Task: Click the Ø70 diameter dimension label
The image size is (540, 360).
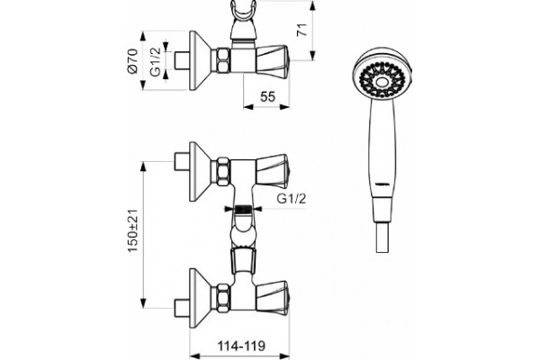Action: tap(133, 61)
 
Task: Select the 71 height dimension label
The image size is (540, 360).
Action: tap(302, 30)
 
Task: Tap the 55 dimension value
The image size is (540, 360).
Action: tap(267, 97)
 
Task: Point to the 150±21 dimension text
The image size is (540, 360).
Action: tap(133, 230)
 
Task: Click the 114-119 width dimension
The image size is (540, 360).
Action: tap(241, 346)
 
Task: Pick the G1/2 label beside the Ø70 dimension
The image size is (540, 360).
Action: tap(156, 62)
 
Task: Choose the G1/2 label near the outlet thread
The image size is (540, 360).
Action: tap(292, 199)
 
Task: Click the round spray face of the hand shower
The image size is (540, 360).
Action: tap(382, 76)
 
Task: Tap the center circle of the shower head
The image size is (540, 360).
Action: tap(382, 82)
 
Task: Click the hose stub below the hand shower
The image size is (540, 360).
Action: tap(383, 238)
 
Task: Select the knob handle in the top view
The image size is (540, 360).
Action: tap(273, 61)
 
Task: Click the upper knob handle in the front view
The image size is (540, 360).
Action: tap(273, 171)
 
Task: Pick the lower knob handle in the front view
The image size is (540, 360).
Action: tap(273, 298)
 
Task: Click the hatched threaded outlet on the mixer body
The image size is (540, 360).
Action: tap(243, 209)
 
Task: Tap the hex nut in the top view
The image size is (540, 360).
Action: tap(223, 60)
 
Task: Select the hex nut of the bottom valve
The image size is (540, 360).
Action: tap(223, 298)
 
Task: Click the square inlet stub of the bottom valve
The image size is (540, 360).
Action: tap(182, 308)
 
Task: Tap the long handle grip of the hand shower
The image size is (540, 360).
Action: tap(382, 150)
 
